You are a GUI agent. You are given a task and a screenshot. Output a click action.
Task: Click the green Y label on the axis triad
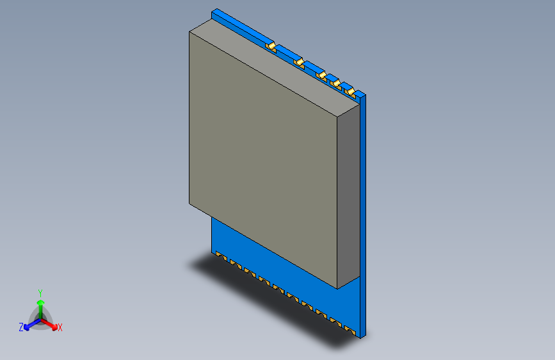pos(40,292)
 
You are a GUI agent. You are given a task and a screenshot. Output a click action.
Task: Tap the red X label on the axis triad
pos(60,328)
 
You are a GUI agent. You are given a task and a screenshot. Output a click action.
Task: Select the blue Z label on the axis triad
pos(21,327)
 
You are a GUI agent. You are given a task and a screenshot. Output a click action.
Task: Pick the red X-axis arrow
pos(51,324)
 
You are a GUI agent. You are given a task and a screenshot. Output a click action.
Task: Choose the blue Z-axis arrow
pos(29,325)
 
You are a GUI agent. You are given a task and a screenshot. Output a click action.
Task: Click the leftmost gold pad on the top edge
pos(271,46)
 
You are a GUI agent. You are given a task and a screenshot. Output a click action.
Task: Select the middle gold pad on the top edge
pos(321,74)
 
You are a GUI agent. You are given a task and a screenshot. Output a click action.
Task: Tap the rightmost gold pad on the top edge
pos(350,92)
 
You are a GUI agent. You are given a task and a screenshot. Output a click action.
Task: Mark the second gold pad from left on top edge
pos(299,61)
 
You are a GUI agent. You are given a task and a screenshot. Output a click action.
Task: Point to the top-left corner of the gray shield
pos(189,31)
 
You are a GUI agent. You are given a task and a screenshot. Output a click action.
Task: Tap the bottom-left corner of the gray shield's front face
pos(189,204)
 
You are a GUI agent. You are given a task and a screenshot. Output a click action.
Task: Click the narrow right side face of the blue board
pos(364,218)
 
